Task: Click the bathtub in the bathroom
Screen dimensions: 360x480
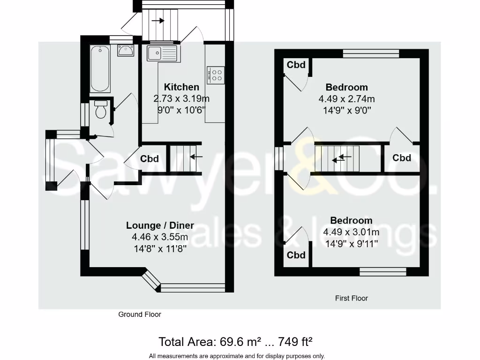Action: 100,69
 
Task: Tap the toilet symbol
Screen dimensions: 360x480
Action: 100,110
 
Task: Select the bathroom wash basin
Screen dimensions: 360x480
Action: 125,50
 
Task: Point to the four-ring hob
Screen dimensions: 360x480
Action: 216,75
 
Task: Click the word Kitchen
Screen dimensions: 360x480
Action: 181,87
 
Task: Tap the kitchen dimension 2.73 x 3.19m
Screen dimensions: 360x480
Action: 181,98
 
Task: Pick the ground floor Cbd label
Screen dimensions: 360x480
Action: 150,159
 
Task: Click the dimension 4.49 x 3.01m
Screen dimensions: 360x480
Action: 351,232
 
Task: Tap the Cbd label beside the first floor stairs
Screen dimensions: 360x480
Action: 402,158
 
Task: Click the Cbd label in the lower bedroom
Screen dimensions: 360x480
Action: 296,255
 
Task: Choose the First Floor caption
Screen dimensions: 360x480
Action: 352,298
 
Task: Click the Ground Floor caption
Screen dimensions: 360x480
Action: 140,315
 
